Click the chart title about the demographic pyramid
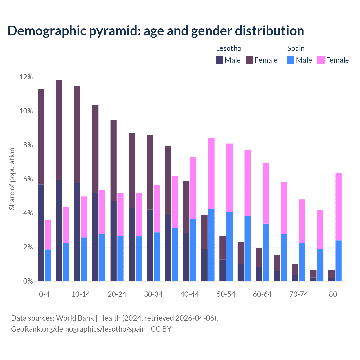click(x=156, y=31)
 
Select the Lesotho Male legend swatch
click(x=220, y=60)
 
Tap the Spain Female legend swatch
click(x=321, y=60)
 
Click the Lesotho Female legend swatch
click(x=249, y=60)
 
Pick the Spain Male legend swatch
click(x=291, y=60)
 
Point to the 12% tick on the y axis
click(x=26, y=77)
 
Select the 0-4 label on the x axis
click(x=44, y=294)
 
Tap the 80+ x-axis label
click(x=335, y=294)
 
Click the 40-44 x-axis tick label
click(x=190, y=294)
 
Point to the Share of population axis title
click(x=12, y=179)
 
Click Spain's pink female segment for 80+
click(x=339, y=207)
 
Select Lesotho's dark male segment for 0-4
click(x=41, y=233)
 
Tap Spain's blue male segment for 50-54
click(x=229, y=246)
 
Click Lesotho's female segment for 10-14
click(x=77, y=135)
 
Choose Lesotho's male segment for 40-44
click(x=186, y=257)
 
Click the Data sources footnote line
click(x=114, y=318)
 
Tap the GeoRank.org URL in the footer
click(x=78, y=329)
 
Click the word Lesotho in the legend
click(x=229, y=48)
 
